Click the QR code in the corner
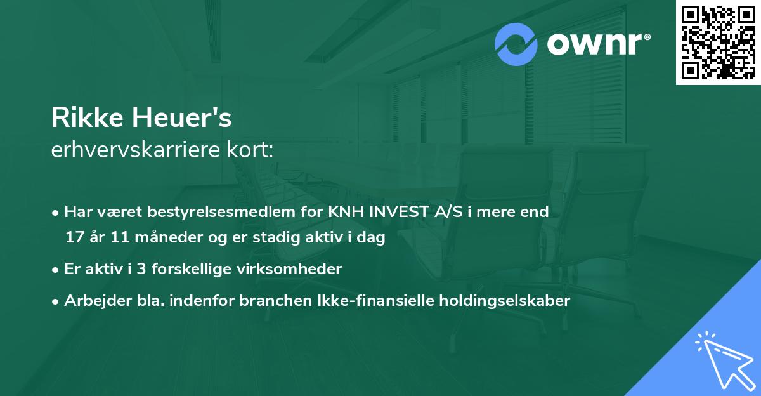pos(718,43)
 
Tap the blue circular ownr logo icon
pos(517,44)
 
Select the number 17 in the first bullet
pos(74,238)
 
